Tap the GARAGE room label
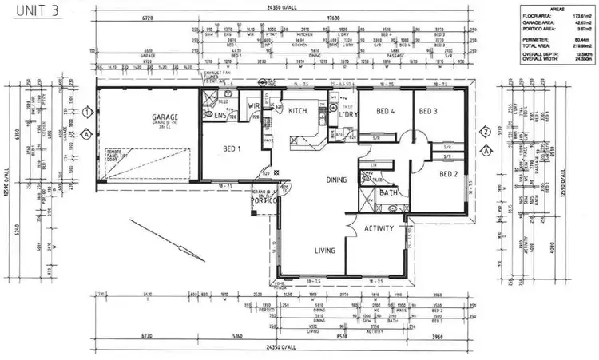(165, 117)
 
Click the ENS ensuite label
(220, 116)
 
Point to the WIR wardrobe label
(254, 105)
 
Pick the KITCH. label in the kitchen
(298, 110)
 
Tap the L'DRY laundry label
(347, 116)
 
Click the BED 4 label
(387, 111)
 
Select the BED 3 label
(428, 111)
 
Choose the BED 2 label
(448, 173)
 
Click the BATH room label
(389, 192)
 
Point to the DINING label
(336, 180)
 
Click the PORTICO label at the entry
(264, 200)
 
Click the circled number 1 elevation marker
(87, 112)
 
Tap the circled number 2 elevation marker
(485, 132)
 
